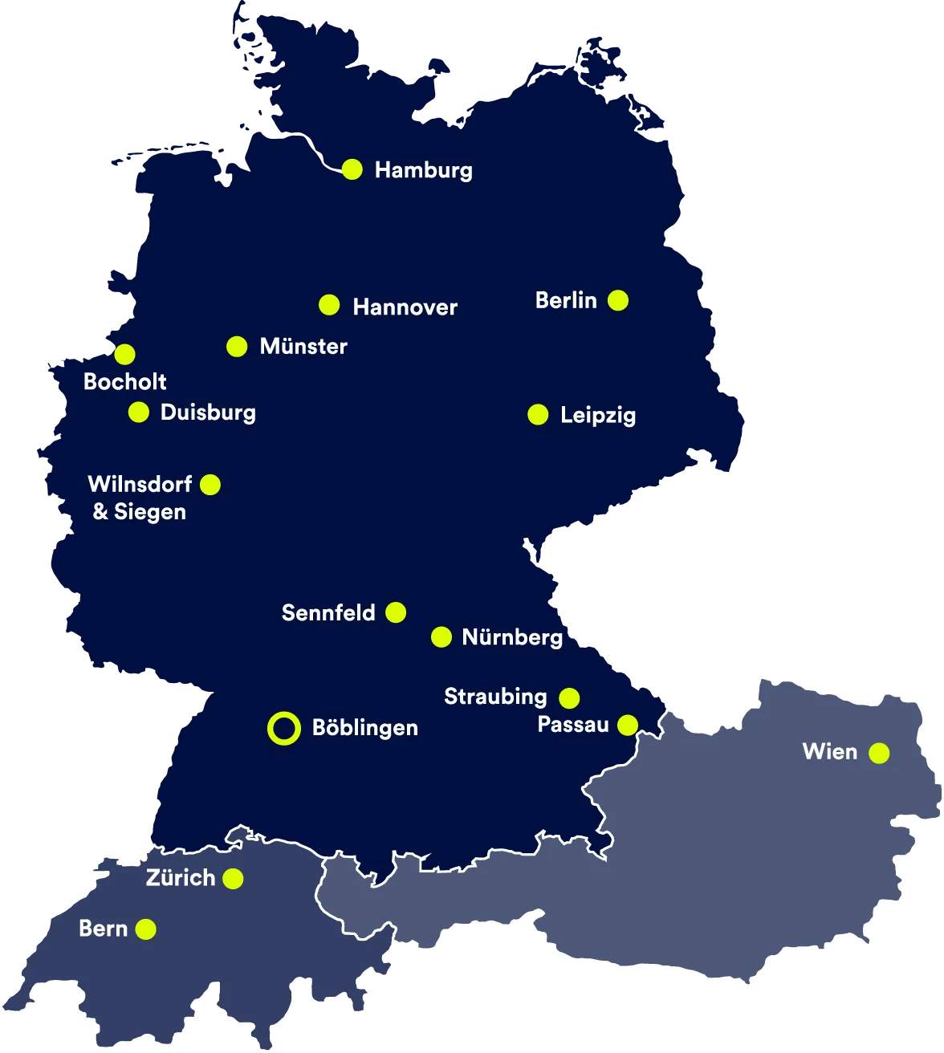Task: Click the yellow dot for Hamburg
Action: pyautogui.click(x=352, y=169)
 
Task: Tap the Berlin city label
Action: pyautogui.click(x=566, y=301)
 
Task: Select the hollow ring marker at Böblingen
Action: pyautogui.click(x=283, y=729)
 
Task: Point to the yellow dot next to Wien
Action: pyautogui.click(x=879, y=753)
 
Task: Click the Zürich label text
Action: pyautogui.click(x=181, y=878)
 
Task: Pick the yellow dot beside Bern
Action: pyautogui.click(x=145, y=929)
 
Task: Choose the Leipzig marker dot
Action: pyautogui.click(x=538, y=415)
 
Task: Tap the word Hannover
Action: pyautogui.click(x=405, y=307)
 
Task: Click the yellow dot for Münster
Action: pyautogui.click(x=237, y=347)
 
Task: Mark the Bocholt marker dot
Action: pyautogui.click(x=124, y=354)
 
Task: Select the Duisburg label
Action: pyautogui.click(x=208, y=413)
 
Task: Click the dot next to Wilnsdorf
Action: pyautogui.click(x=210, y=485)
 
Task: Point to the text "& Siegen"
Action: pyautogui.click(x=140, y=512)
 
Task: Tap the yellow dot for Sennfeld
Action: pyautogui.click(x=396, y=613)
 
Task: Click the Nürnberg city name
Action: pyautogui.click(x=512, y=637)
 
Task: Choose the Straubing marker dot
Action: pyautogui.click(x=569, y=698)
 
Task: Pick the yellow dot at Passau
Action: pyautogui.click(x=628, y=726)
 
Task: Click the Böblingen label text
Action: pyautogui.click(x=364, y=728)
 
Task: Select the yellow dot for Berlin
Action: pyautogui.click(x=618, y=301)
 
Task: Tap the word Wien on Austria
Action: pyautogui.click(x=830, y=752)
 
